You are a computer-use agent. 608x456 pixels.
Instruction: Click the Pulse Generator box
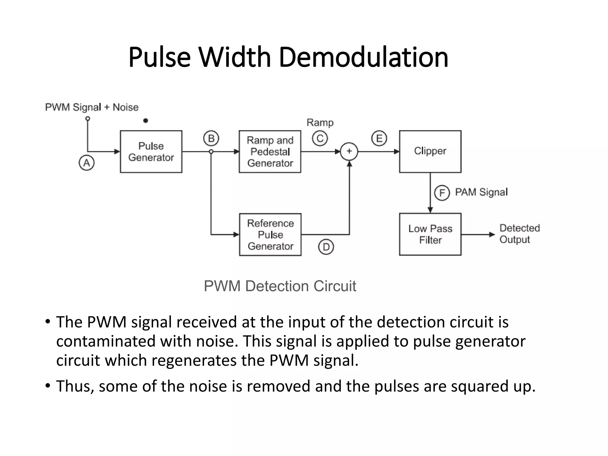(x=151, y=151)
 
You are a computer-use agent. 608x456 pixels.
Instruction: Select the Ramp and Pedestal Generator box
(x=270, y=151)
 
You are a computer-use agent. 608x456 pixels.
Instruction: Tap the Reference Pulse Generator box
(x=270, y=235)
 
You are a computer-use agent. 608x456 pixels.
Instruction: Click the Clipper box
(x=430, y=151)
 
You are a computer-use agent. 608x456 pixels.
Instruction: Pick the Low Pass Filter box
(x=430, y=234)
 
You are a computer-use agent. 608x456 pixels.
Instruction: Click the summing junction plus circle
(x=349, y=151)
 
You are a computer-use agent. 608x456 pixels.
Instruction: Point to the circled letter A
(x=87, y=163)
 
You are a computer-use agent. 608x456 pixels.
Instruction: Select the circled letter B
(x=211, y=138)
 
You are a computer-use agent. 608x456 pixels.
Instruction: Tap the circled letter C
(x=320, y=138)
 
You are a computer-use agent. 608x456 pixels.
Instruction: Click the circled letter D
(x=326, y=247)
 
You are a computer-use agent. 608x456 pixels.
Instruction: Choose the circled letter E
(x=379, y=138)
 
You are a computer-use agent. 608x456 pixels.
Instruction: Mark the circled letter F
(x=442, y=193)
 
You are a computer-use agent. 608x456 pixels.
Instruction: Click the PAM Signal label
(x=481, y=192)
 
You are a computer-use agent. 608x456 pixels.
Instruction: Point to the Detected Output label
(x=519, y=234)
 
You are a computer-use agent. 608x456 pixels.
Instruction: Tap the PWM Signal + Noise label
(x=92, y=107)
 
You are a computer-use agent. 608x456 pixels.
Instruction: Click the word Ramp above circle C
(x=320, y=123)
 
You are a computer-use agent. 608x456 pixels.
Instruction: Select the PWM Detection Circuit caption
(x=280, y=286)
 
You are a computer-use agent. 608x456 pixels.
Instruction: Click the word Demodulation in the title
(x=363, y=57)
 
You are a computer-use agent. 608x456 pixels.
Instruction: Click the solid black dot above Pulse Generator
(x=145, y=121)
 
